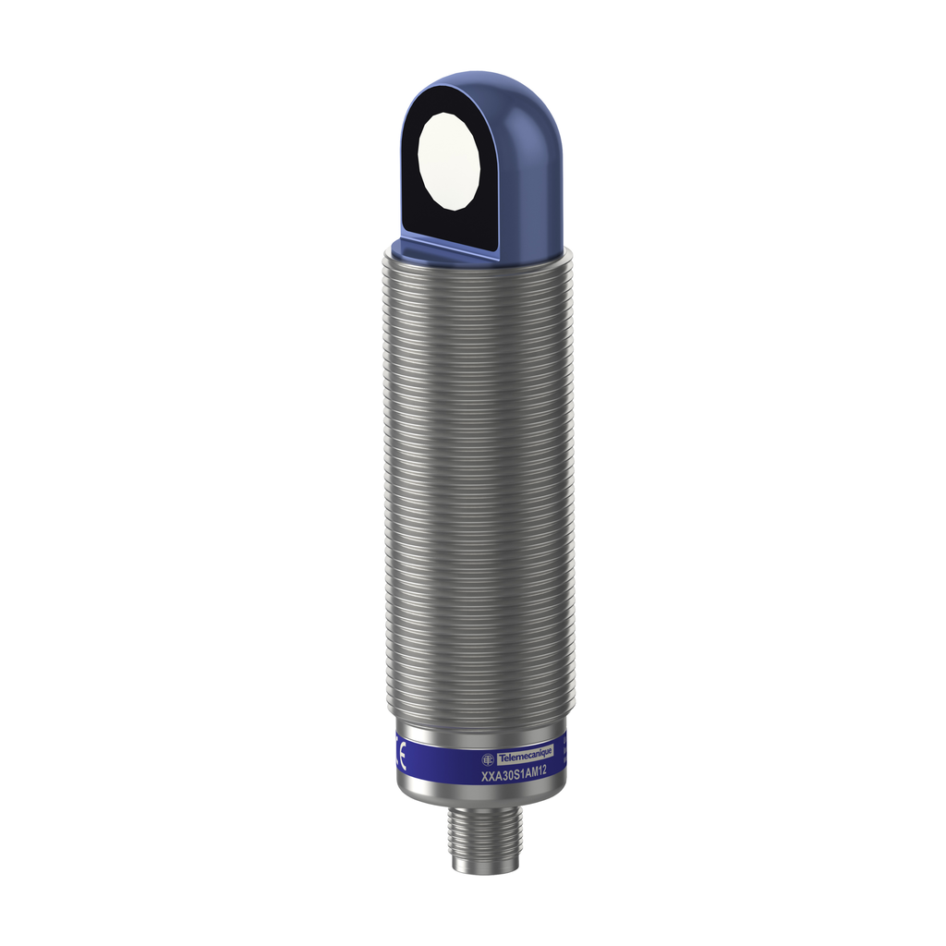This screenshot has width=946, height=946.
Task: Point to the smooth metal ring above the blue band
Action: (477, 724)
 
